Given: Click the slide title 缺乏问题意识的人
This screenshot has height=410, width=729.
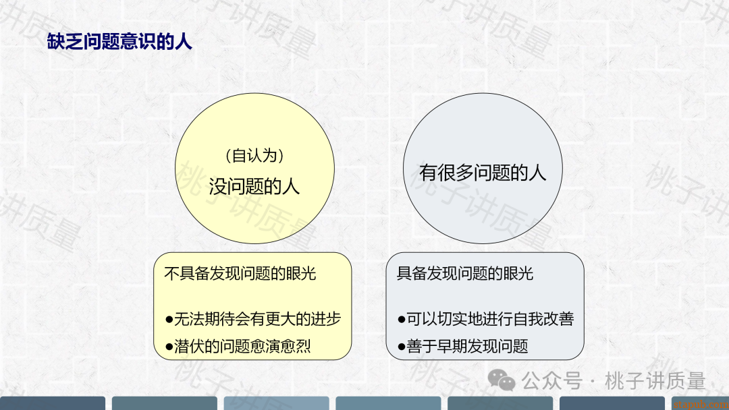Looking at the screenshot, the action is click(119, 42).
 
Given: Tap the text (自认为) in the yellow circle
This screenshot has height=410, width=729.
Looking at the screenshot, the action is click(254, 156).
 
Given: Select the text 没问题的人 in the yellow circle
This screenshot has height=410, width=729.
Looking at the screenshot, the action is click(254, 187).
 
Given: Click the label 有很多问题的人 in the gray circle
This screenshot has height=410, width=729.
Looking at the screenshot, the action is click(483, 173).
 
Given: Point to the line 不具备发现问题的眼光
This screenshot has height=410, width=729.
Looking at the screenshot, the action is click(240, 274).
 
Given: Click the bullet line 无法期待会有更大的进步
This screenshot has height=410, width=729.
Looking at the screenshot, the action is click(253, 319).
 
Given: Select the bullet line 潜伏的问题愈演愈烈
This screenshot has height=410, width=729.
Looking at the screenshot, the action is click(238, 347).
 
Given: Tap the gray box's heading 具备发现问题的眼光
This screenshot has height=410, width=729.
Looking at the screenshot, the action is click(465, 274).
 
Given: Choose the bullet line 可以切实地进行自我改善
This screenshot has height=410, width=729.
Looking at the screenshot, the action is click(486, 319).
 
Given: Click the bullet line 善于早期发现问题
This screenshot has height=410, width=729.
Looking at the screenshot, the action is click(463, 347).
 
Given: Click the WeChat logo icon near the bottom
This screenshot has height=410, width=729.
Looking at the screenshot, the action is click(501, 380).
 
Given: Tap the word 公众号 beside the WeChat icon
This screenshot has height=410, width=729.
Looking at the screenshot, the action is click(552, 381).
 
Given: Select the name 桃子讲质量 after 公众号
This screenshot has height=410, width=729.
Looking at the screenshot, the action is click(655, 381).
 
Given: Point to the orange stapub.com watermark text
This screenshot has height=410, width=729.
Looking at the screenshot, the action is click(701, 405).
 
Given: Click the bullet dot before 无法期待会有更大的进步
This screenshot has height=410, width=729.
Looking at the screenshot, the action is click(169, 320).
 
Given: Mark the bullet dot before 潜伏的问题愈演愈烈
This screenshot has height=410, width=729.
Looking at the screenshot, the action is click(169, 347).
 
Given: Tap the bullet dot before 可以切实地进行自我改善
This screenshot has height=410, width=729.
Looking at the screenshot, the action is click(402, 320).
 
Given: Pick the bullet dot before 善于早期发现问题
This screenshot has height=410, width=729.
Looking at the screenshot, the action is click(402, 347).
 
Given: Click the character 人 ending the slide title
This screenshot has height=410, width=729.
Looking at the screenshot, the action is click(184, 42).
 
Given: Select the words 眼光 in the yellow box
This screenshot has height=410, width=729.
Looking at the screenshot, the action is click(301, 274).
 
